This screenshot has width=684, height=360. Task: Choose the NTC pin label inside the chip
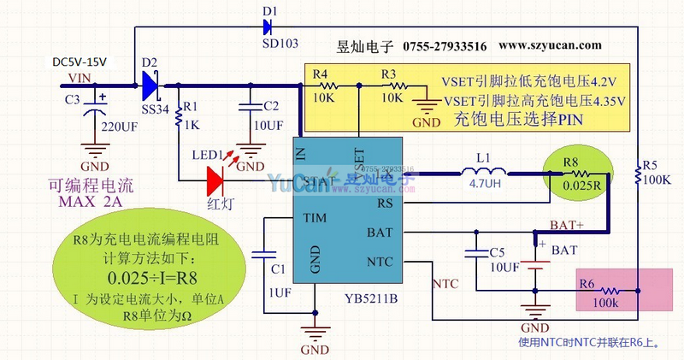[380, 260]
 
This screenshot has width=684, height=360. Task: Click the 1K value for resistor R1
[190, 125]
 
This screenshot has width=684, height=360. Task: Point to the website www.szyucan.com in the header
[551, 45]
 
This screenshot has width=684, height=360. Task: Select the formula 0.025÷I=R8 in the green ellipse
[150, 278]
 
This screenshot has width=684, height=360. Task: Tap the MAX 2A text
[91, 202]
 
